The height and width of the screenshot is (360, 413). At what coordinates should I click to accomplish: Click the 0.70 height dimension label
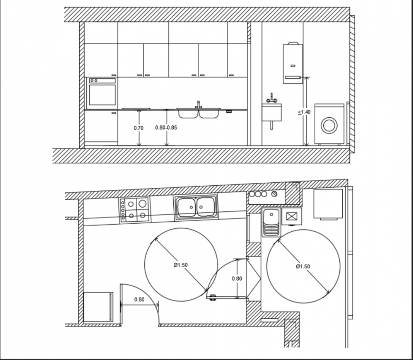[139, 128]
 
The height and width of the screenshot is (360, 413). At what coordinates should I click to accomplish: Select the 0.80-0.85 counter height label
[166, 128]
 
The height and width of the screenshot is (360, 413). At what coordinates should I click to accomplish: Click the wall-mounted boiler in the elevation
[293, 63]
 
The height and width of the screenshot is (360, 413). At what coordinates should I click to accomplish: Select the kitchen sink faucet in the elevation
[198, 104]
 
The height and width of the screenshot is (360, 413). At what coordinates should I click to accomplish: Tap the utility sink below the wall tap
[272, 113]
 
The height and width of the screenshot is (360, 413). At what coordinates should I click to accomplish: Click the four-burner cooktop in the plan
[134, 209]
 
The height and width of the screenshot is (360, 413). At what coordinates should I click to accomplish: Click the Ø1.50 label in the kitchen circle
[181, 265]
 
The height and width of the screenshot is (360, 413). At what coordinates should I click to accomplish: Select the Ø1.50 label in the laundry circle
[302, 266]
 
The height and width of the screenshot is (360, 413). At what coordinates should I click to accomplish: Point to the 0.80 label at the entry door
[139, 300]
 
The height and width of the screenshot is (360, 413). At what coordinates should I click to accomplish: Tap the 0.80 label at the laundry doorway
[236, 279]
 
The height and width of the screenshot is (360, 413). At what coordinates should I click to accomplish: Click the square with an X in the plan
[291, 217]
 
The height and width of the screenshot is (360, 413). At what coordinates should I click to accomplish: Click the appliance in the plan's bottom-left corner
[98, 307]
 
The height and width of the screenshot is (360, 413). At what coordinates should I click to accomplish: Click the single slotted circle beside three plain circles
[274, 194]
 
